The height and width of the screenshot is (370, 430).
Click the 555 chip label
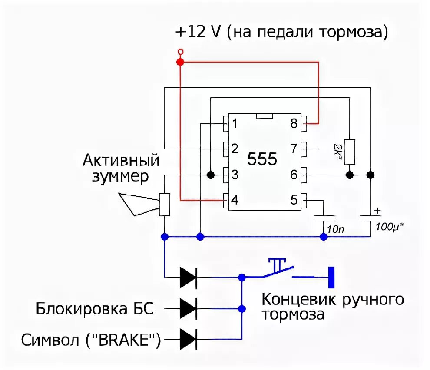[262, 159]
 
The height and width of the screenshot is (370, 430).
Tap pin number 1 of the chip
[234, 124]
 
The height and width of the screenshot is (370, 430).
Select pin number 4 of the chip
[234, 200]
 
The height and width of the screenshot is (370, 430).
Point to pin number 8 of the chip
[294, 124]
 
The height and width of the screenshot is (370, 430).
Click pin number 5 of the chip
[294, 200]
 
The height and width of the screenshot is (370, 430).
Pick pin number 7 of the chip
[294, 149]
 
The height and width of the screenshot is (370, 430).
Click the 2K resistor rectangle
[350, 152]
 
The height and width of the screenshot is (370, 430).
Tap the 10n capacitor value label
[334, 228]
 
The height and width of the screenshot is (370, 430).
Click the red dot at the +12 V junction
[180, 63]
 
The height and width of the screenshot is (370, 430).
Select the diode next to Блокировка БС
[188, 309]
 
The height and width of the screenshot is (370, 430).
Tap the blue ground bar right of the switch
[331, 277]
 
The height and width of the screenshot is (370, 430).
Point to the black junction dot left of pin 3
[210, 175]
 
